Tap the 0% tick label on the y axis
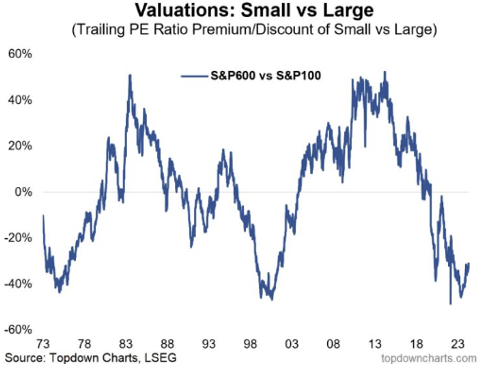coord(23,192)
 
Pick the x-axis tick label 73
coord(43,344)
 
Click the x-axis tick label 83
coord(126,344)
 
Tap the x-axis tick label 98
coord(250,344)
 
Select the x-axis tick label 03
coord(291,344)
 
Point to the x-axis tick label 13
coord(375,344)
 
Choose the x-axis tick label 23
coord(458,344)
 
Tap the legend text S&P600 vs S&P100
coord(265,76)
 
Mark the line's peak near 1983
coord(130,75)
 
